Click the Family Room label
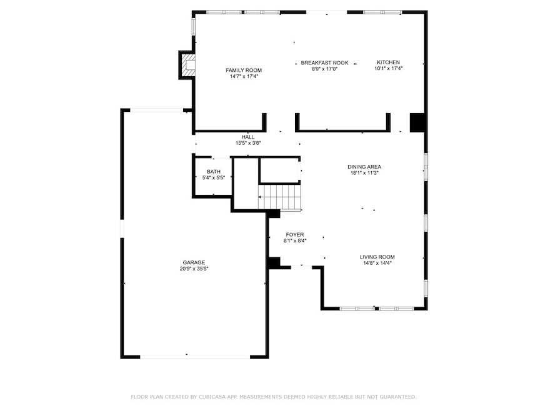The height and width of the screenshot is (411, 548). [244, 70]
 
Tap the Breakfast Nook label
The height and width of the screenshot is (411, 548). [325, 63]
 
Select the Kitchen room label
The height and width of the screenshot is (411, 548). [388, 62]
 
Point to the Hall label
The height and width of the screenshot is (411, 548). [248, 137]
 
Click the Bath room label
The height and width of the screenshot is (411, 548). [214, 172]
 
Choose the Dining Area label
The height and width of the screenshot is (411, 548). [364, 167]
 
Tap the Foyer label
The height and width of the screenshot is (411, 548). [294, 234]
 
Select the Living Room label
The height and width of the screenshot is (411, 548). [377, 257]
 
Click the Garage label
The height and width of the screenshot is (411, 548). [194, 262]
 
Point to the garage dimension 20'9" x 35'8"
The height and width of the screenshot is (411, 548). [194, 269]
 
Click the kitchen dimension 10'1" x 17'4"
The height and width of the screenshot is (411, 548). [388, 69]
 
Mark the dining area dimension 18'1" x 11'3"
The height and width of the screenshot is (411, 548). [364, 172]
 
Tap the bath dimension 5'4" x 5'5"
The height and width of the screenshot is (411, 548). [214, 177]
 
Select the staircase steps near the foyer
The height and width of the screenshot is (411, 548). [279, 197]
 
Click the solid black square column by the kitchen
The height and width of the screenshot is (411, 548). [417, 122]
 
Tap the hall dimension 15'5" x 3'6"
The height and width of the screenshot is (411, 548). [248, 143]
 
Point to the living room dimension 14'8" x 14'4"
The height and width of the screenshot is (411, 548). [377, 263]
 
